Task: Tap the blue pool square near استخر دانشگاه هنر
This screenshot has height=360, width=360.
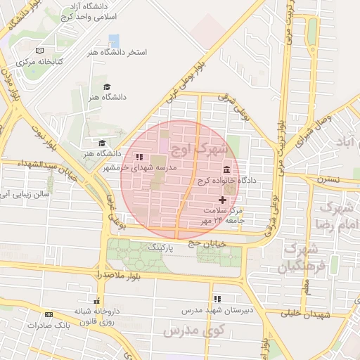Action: (114, 41)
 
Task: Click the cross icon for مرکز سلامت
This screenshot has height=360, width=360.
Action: (224, 200)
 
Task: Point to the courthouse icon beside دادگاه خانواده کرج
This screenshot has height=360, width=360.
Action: (227, 170)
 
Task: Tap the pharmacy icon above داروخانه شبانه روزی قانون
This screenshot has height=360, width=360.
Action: (97, 300)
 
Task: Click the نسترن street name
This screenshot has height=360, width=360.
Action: (327, 179)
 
